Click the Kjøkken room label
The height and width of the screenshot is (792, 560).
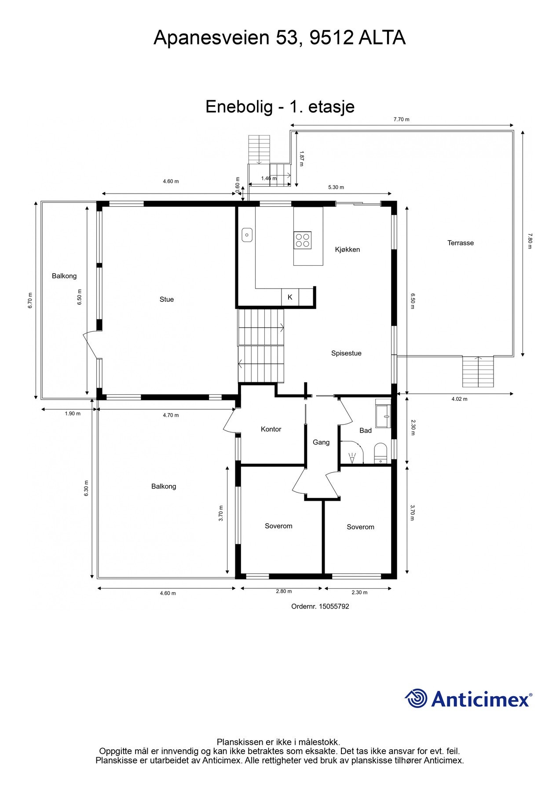(347, 249)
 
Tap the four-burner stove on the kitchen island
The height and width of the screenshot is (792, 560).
(303, 240)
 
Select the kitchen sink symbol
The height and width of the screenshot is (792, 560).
(247, 235)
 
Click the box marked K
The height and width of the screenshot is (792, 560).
(290, 297)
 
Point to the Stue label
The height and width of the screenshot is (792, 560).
(167, 299)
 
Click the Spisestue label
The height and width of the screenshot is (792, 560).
(346, 353)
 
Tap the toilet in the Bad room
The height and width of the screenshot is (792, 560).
(380, 453)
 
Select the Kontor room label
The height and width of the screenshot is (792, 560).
(271, 429)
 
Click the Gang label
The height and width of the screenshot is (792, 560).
(321, 442)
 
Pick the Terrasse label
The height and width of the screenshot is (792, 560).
(460, 243)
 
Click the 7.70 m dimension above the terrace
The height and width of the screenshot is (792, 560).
(401, 119)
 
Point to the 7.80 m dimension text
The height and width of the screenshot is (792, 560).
(530, 241)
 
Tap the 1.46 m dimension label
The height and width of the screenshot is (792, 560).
(268, 178)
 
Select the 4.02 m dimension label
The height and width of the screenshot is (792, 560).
(459, 399)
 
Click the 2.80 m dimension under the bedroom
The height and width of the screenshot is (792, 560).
(284, 591)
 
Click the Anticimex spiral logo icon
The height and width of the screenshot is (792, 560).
(416, 698)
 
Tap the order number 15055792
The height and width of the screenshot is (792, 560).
(333, 606)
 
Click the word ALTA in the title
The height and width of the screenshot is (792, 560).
(381, 38)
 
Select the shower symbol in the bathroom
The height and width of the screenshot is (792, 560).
(352, 458)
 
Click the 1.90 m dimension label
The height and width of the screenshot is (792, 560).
(73, 414)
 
